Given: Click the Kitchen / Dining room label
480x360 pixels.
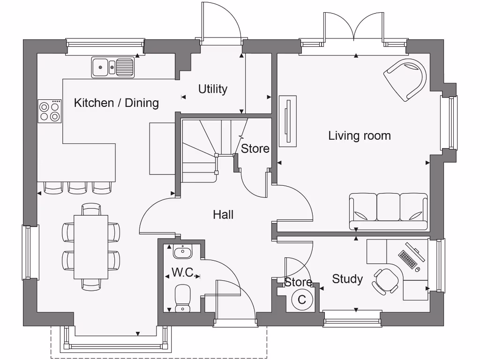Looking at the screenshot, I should pyautogui.click(x=116, y=103).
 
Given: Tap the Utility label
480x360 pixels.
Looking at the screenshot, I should pyautogui.click(x=212, y=89).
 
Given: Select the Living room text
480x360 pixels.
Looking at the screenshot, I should pyautogui.click(x=359, y=136).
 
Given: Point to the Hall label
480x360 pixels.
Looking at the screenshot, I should pyautogui.click(x=223, y=215).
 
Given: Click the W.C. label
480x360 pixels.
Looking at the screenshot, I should pyautogui.click(x=183, y=272).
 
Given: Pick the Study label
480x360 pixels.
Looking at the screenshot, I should pyautogui.click(x=347, y=279).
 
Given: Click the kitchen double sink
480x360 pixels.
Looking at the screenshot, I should pyautogui.click(x=113, y=67).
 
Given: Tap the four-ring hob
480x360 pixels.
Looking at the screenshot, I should pyautogui.click(x=50, y=112).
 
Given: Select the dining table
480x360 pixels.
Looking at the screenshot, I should pyautogui.click(x=91, y=247).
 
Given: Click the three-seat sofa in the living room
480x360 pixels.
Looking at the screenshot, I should pyautogui.click(x=388, y=211).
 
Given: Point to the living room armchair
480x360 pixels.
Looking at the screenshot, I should pyautogui.click(x=406, y=78).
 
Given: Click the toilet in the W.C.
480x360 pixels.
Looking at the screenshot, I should pyautogui.click(x=182, y=298).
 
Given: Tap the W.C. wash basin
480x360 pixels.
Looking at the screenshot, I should pyautogui.click(x=182, y=252).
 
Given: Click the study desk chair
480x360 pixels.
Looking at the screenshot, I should pyautogui.click(x=385, y=281).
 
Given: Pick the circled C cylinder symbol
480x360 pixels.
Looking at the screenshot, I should pyautogui.click(x=302, y=299).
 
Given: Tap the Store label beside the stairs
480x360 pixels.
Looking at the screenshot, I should pyautogui.click(x=255, y=149).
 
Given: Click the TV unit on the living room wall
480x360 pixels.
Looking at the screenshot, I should pyautogui.click(x=287, y=120).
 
